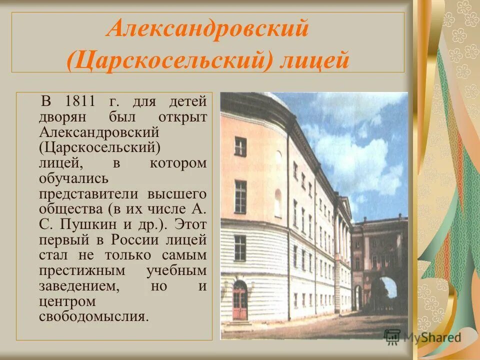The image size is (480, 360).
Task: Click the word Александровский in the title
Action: coord(207,29)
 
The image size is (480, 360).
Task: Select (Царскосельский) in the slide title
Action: coord(168,61)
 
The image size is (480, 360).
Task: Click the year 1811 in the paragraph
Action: coord(80,101)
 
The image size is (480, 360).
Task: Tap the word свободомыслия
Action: coord(93,316)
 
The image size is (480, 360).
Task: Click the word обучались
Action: coord(73,178)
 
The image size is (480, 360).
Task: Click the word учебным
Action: coord(176,270)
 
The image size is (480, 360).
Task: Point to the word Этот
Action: coord(191,224)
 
